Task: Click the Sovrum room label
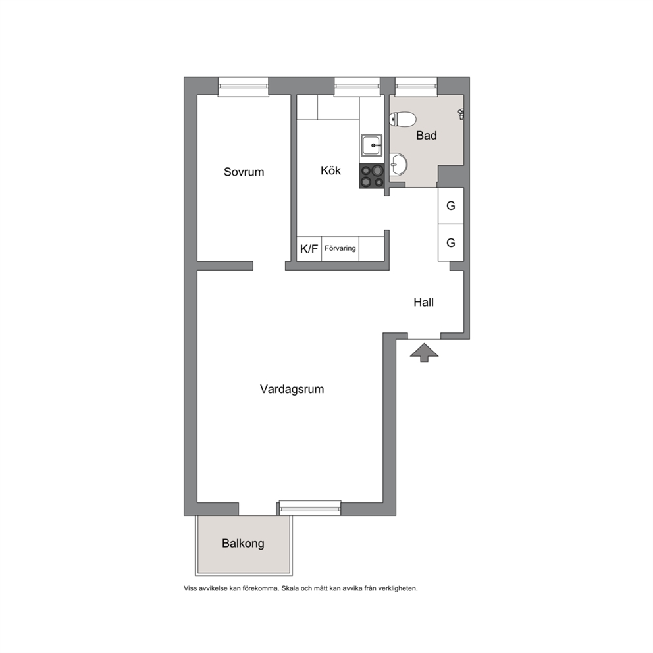(x=244, y=172)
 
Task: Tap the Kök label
(x=330, y=170)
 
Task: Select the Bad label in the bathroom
(x=427, y=136)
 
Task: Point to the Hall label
(x=423, y=302)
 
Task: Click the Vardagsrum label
(x=292, y=389)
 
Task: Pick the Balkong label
(x=243, y=544)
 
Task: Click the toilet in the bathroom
(x=402, y=119)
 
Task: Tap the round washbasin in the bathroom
(x=398, y=165)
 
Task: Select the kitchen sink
(x=371, y=145)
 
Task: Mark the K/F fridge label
(x=309, y=249)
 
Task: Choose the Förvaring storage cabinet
(x=340, y=249)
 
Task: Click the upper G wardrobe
(x=451, y=206)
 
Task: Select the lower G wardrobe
(x=451, y=243)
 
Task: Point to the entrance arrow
(x=425, y=352)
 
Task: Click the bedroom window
(x=243, y=87)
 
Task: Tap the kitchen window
(x=357, y=87)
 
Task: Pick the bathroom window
(x=416, y=86)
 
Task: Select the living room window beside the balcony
(x=310, y=508)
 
